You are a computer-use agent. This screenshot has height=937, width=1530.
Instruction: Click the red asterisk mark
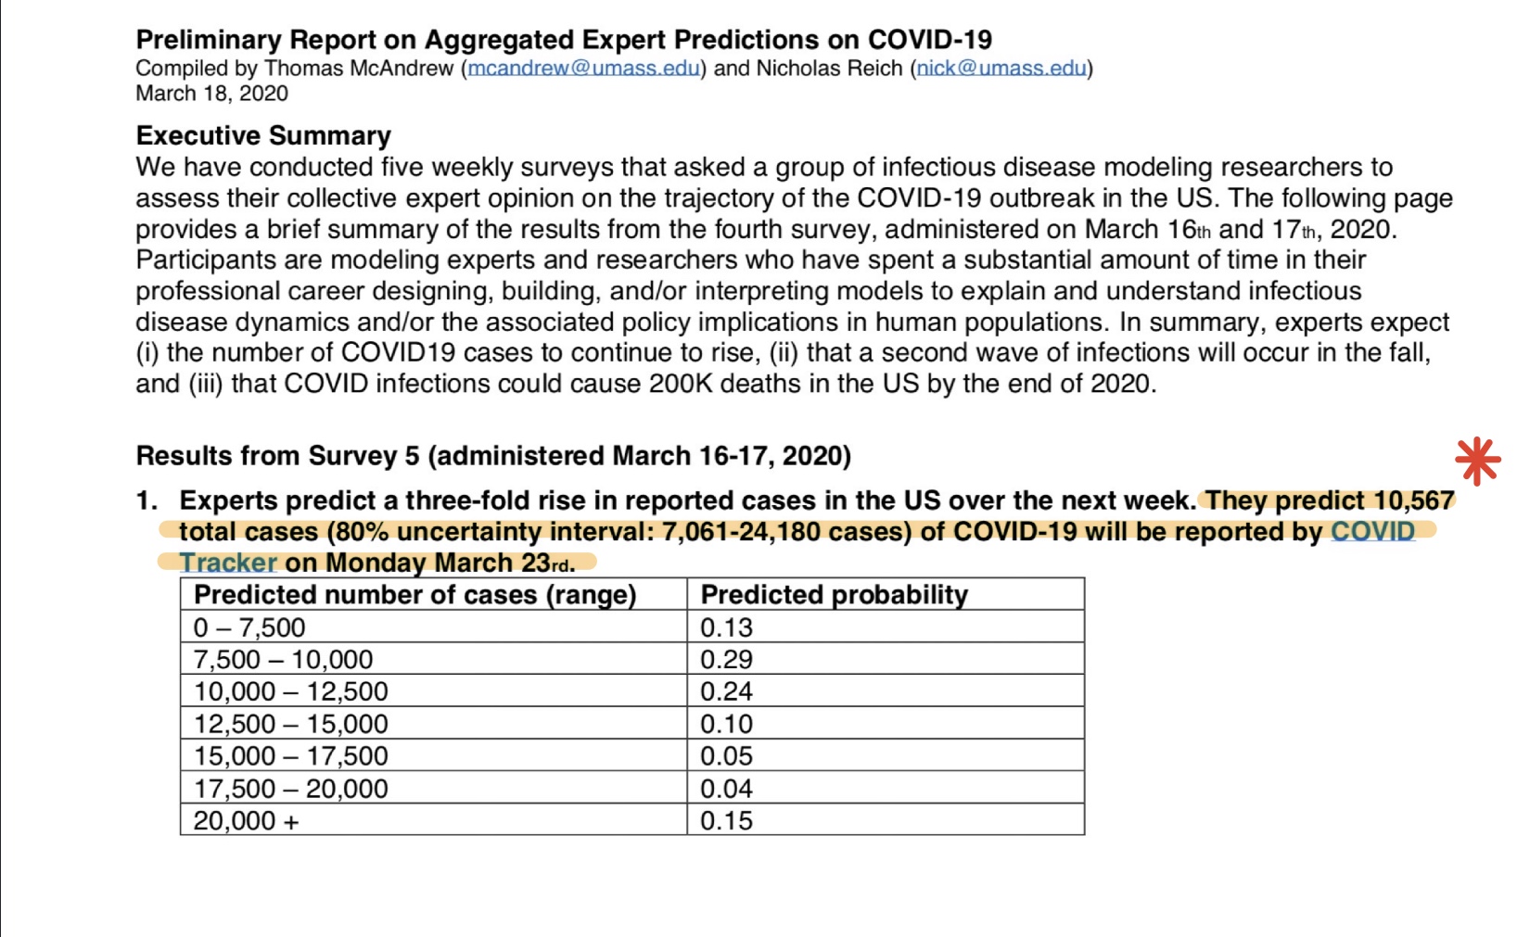coord(1477,462)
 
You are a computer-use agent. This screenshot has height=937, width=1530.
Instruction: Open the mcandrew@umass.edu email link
coord(583,69)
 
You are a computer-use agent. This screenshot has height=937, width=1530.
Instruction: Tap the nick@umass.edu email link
coord(1001,69)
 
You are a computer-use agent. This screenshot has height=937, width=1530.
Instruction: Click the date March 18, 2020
coord(211,94)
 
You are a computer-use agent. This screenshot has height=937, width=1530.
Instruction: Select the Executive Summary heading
coord(263,136)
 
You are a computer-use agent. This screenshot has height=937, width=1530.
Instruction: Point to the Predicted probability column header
coord(834,595)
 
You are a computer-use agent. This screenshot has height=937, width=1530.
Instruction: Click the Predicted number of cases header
coord(415,595)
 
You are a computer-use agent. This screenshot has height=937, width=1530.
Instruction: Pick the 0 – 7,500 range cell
coord(249,627)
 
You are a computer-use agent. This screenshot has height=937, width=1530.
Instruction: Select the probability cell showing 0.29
coord(726,659)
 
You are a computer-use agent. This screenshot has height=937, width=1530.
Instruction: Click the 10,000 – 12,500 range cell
coord(291,691)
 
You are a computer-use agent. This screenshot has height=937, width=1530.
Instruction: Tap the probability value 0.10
coord(726,724)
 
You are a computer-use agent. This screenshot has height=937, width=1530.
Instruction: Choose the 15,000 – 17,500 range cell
coord(291,755)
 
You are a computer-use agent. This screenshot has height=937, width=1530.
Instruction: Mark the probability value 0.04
coord(726,788)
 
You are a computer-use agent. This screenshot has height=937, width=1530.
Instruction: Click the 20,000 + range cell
coord(246,820)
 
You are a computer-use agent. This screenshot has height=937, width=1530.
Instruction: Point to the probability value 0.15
coord(726,820)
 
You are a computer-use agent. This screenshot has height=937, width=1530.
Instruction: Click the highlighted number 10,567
coord(1414,500)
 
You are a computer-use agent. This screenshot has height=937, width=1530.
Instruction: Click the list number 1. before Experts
coord(147,500)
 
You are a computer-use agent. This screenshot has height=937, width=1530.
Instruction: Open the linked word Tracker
coord(228,563)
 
